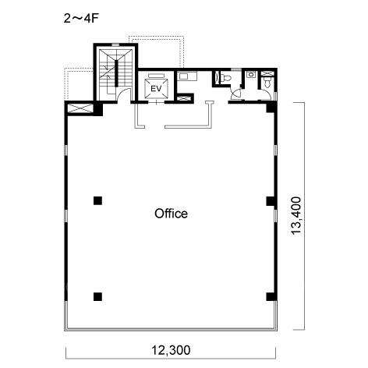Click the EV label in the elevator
tap(156, 89)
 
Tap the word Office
tap(171, 214)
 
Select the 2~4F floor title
tap(82, 19)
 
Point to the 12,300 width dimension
tap(171, 350)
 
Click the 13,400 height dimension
tap(295, 216)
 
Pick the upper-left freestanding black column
tap(97, 200)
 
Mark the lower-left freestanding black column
tap(97, 296)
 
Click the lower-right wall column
tap(271, 296)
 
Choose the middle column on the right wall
tap(271, 201)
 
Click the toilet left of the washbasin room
tap(225, 78)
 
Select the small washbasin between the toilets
tap(251, 74)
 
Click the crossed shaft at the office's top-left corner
tap(80, 108)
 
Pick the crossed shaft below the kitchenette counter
tap(184, 98)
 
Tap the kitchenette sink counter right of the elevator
tap(187, 76)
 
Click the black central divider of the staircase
tap(117, 73)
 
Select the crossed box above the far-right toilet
tap(267, 73)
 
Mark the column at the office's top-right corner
tap(271, 107)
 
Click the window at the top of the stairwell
tap(115, 45)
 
